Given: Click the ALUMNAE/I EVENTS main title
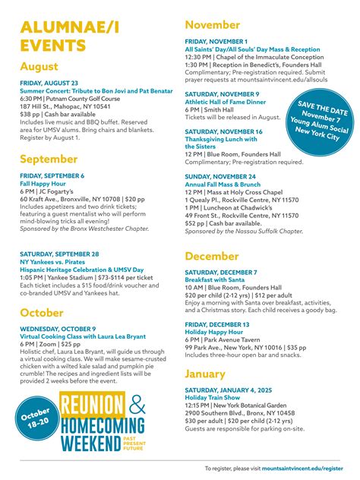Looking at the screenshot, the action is click(70, 36).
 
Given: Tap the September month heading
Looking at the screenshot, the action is click(49, 159).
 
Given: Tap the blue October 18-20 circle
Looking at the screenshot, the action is click(35, 421).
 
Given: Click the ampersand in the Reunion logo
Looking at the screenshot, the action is click(137, 406).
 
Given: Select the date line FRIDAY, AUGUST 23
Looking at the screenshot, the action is click(49, 83).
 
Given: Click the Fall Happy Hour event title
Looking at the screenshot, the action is click(43, 183).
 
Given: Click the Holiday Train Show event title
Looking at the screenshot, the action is click(214, 398).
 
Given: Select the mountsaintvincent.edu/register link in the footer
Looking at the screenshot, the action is click(302, 469).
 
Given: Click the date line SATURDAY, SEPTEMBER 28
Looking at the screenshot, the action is click(59, 232).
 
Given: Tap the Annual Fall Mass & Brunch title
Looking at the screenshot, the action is click(223, 184).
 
